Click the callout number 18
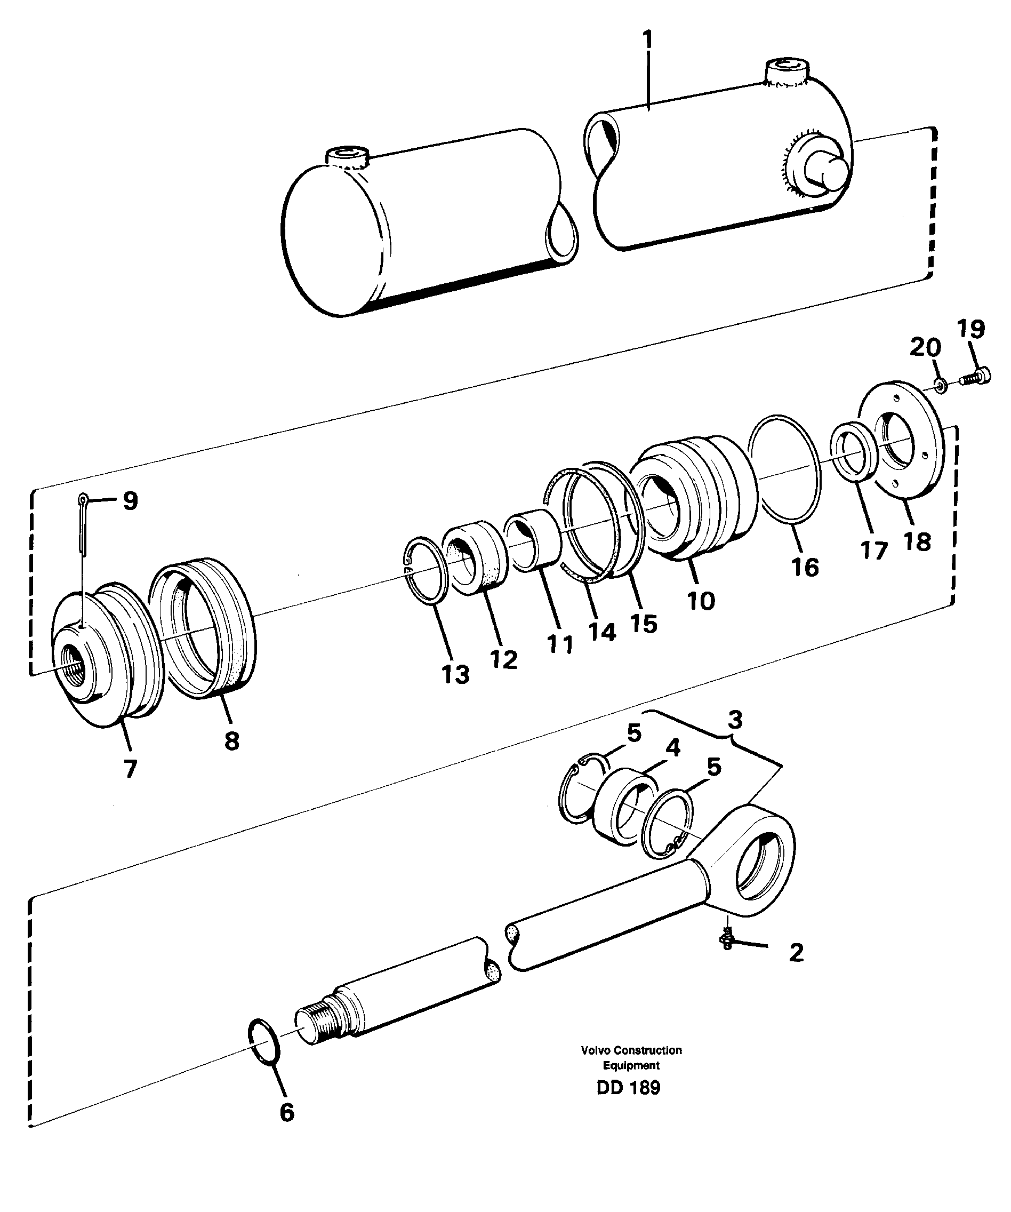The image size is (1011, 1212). pyautogui.click(x=917, y=541)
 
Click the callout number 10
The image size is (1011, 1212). pyautogui.click(x=701, y=601)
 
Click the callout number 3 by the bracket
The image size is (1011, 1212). pyautogui.click(x=734, y=720)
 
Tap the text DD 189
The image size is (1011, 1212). pyautogui.click(x=629, y=1087)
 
